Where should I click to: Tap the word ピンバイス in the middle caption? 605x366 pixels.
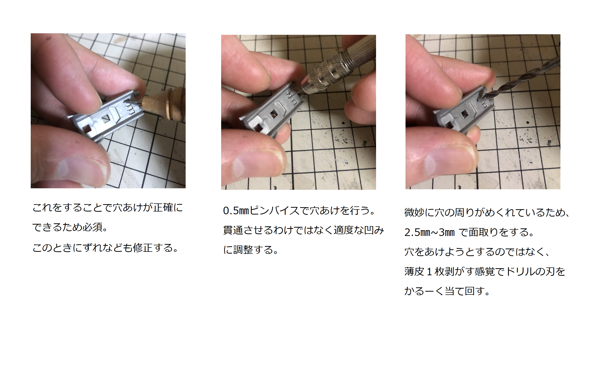[274, 211]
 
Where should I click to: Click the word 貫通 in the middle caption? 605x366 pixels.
[233, 230]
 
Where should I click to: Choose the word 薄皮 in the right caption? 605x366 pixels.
[415, 271]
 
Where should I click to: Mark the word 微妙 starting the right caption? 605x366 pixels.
[415, 212]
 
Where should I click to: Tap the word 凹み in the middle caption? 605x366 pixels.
[374, 230]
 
